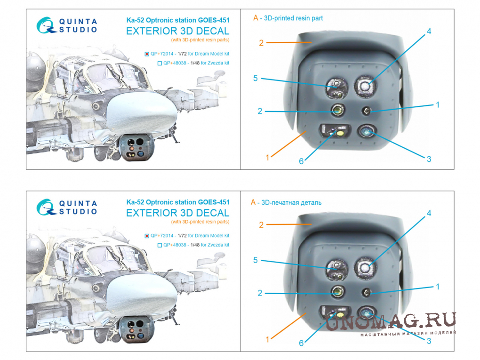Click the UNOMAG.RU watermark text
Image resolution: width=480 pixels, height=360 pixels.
(x=391, y=321)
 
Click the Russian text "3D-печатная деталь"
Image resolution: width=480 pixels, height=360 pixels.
(x=291, y=203)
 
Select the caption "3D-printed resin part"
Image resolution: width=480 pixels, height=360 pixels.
(x=293, y=18)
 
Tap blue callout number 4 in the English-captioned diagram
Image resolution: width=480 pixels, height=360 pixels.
(x=429, y=31)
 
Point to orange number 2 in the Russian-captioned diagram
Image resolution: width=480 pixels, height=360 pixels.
(x=261, y=225)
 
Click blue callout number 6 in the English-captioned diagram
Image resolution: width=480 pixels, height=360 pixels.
(x=301, y=161)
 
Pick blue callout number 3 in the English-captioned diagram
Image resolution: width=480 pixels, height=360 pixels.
(x=429, y=159)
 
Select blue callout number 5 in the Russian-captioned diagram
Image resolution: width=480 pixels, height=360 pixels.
(x=256, y=260)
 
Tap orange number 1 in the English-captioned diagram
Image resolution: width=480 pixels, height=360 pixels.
(x=267, y=158)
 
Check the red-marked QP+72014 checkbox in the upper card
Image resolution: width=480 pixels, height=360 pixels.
(x=147, y=54)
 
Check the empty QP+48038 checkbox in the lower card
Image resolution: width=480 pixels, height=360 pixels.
(x=160, y=245)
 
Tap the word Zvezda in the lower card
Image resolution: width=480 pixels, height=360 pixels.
(x=215, y=245)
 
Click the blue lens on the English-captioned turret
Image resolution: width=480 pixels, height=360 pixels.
(x=367, y=132)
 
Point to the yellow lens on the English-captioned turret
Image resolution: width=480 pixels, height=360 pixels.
(x=340, y=133)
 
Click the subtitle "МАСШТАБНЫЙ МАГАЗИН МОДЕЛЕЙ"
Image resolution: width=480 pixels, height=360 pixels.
(x=408, y=334)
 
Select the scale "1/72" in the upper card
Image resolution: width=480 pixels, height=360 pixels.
(x=182, y=54)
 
